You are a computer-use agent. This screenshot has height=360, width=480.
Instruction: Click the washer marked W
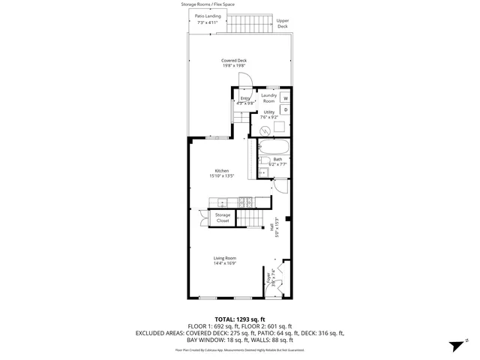(286, 99)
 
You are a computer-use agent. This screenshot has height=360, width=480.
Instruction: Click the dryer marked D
(286, 110)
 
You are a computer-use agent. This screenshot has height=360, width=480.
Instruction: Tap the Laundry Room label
(268, 98)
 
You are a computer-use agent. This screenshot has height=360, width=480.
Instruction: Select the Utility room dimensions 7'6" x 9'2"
(269, 117)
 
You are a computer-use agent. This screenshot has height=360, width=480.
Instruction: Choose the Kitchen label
(222, 171)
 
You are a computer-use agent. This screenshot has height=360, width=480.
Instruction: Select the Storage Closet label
(223, 217)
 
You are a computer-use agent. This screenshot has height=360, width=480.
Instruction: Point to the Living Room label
(225, 258)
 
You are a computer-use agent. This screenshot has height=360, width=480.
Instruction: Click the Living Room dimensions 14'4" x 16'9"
(225, 263)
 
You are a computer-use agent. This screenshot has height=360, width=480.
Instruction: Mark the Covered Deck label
(234, 61)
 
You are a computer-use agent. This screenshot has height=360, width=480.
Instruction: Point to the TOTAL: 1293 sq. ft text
(239, 319)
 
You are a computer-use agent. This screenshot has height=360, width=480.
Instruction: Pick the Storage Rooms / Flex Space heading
(208, 4)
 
